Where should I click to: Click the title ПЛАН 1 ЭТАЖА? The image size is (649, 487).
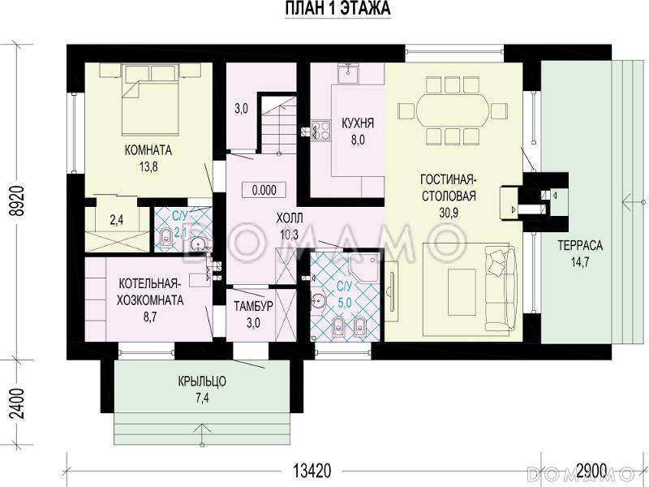(337, 9)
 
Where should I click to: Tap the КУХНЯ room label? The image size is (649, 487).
(358, 123)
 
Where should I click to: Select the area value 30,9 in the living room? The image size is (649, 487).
(449, 213)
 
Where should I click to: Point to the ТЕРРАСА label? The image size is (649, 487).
(580, 246)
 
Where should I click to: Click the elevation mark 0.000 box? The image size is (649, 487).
(264, 190)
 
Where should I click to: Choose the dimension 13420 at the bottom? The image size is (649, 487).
(312, 471)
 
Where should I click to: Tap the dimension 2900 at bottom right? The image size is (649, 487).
(591, 471)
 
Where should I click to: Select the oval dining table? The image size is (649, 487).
(453, 110)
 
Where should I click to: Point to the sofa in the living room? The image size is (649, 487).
(500, 288)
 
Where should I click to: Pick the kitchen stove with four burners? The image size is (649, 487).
(320, 129)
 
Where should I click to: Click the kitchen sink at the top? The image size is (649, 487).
(348, 74)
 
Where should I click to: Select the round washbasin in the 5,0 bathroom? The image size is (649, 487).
(318, 299)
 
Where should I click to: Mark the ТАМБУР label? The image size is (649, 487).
(253, 306)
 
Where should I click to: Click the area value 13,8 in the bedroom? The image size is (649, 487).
(148, 167)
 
